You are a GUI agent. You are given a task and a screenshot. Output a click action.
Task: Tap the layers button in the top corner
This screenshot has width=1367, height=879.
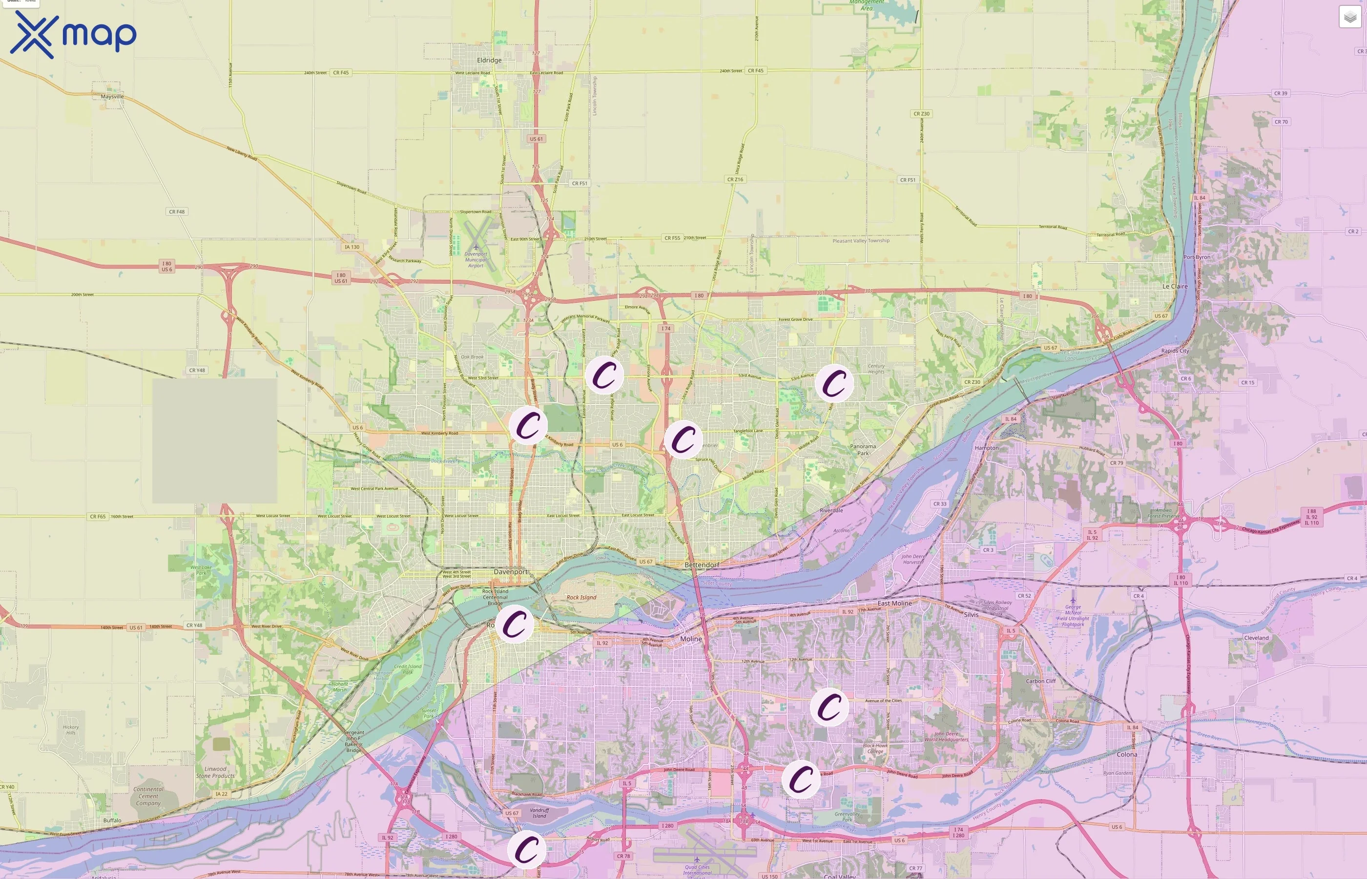(x=1349, y=17)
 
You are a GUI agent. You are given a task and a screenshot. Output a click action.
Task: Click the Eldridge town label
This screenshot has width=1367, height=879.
(x=489, y=60)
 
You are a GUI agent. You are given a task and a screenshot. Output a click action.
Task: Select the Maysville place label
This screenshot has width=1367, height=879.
(x=112, y=97)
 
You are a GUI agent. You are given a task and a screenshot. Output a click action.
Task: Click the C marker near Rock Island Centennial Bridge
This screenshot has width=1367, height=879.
(x=514, y=624)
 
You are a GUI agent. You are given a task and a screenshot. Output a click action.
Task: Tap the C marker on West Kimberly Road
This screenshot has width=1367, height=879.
(x=528, y=425)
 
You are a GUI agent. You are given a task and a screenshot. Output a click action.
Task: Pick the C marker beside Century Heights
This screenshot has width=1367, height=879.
(x=834, y=383)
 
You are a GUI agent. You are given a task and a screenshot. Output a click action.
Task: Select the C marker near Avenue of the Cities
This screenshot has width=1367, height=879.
(x=829, y=707)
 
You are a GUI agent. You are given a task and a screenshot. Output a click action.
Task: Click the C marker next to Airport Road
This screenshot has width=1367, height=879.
(x=526, y=849)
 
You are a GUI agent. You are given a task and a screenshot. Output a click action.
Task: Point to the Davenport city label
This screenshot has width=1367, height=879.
(x=511, y=571)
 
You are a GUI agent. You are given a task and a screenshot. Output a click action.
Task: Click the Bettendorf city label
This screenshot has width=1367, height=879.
(x=702, y=565)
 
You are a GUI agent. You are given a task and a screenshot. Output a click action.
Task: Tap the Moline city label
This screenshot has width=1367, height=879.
(x=691, y=639)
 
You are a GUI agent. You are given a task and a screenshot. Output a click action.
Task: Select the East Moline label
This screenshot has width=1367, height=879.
(x=894, y=603)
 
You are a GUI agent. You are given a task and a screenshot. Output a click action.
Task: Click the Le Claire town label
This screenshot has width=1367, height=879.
(x=1175, y=286)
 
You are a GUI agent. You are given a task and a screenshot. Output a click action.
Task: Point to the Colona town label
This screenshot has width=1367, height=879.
(x=1126, y=754)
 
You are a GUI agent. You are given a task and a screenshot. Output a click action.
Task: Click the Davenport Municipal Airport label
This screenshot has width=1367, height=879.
(x=476, y=260)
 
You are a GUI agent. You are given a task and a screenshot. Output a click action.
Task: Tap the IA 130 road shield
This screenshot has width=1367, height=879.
(x=352, y=247)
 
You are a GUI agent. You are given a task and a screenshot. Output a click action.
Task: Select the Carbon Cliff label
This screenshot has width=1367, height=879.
(x=1041, y=681)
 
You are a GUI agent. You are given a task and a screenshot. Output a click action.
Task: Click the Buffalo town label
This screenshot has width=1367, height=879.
(x=112, y=820)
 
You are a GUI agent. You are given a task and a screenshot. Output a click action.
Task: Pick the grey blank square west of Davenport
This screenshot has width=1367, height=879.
(x=214, y=440)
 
